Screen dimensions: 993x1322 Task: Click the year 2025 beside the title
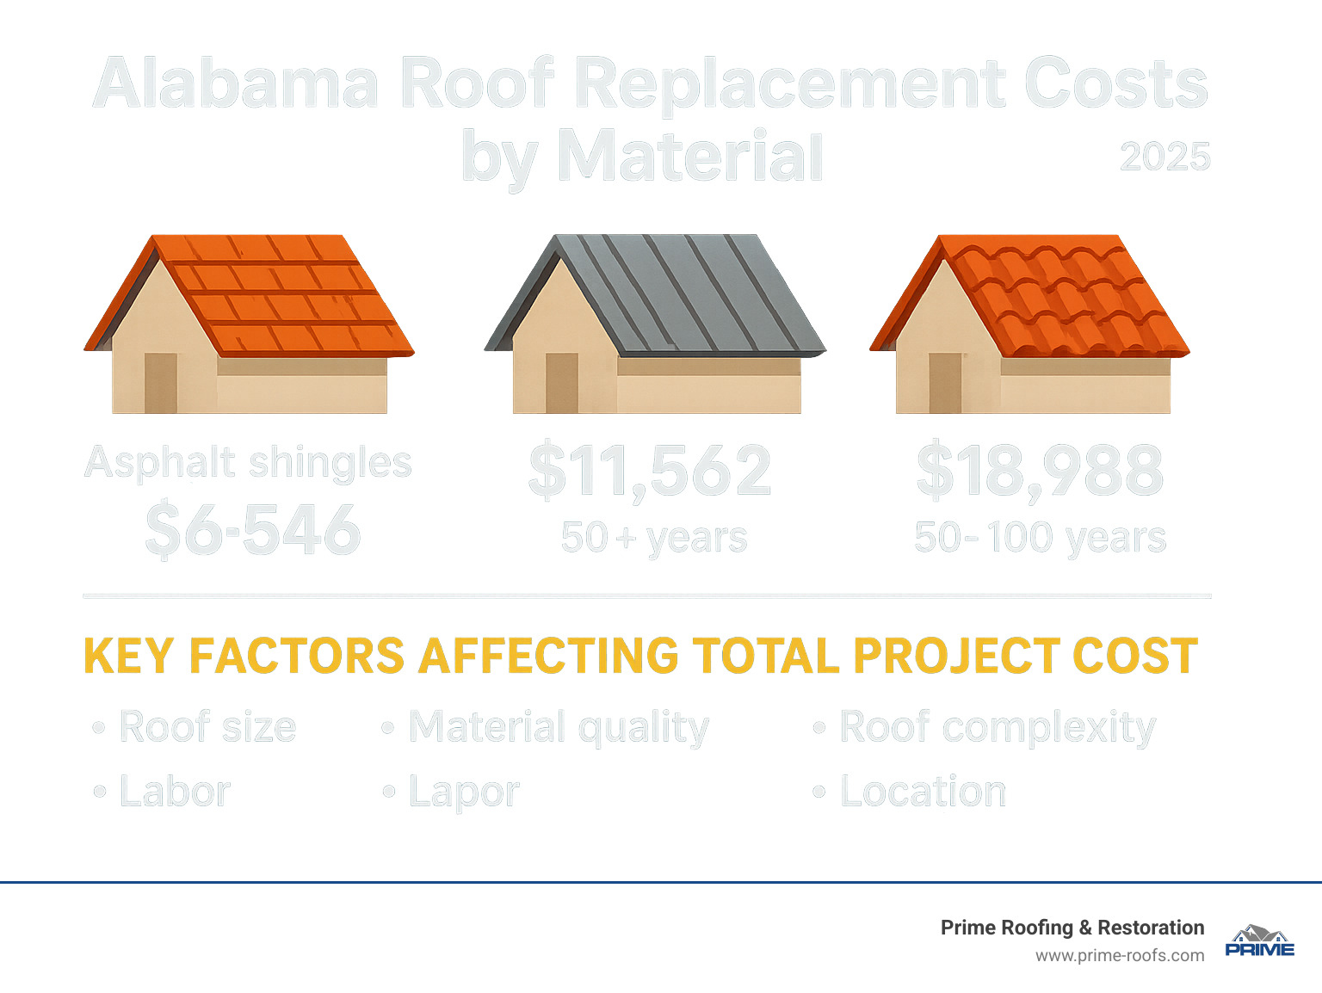pos(1164,157)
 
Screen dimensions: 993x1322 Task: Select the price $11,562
pos(650,472)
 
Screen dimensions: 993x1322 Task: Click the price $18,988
pos(1040,472)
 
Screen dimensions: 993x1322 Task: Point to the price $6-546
pos(252,530)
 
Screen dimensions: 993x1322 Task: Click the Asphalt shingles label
pos(249,463)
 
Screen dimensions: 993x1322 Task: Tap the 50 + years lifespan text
pos(654,538)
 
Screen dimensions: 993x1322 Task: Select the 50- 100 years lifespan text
pos(1040,538)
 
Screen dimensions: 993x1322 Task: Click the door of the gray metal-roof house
pos(562,383)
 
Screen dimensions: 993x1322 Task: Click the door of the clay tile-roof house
pos(945,383)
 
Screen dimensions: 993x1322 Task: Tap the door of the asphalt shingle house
pos(161,383)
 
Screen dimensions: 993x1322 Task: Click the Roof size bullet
pos(207,727)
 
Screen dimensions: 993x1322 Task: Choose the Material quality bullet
pos(558,728)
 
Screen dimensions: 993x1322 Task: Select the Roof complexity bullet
pos(997,728)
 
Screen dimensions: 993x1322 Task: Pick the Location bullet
pos(922,792)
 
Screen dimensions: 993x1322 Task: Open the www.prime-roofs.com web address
pos(1119,956)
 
